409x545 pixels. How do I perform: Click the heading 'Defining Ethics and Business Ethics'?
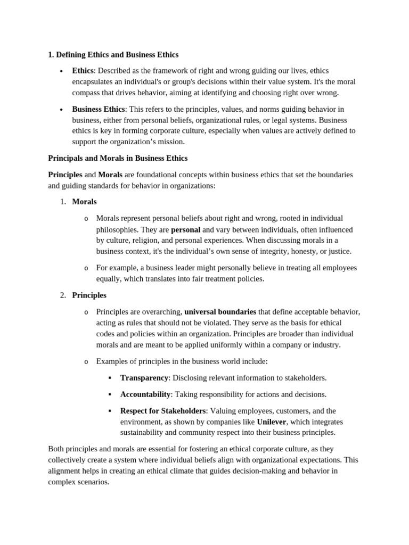click(117, 54)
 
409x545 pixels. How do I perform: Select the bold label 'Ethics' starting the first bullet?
click(83, 71)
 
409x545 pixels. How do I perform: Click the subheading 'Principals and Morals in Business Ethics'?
click(118, 158)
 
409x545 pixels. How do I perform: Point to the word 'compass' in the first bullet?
click(87, 93)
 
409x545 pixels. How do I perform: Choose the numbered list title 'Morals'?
click(84, 202)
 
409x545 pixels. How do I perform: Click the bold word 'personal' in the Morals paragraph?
click(185, 229)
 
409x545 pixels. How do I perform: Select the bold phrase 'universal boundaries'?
click(220, 311)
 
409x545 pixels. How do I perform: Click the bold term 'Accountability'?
click(145, 394)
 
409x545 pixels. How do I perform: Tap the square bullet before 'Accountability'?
click(110, 394)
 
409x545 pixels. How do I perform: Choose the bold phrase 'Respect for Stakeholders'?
click(163, 411)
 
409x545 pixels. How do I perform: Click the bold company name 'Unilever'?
click(272, 422)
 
